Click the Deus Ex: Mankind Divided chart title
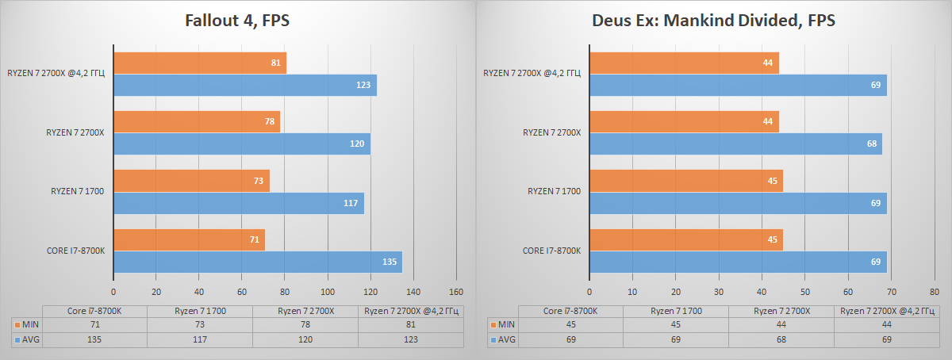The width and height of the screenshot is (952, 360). click(x=713, y=21)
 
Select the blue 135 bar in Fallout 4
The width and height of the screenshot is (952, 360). click(x=258, y=262)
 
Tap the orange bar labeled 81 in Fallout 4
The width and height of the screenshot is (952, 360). click(x=200, y=63)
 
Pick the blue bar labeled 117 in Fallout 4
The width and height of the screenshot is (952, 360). click(x=239, y=203)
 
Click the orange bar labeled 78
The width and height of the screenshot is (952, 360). click(x=197, y=122)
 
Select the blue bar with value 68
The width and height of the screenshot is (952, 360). click(x=735, y=144)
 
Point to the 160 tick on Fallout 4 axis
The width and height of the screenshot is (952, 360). click(x=456, y=290)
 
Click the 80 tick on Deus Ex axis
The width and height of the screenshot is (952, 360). click(x=935, y=290)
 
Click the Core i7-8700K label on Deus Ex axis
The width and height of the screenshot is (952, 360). click(x=551, y=251)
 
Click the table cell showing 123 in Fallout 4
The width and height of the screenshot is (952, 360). click(x=410, y=339)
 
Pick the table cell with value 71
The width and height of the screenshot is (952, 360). click(x=95, y=324)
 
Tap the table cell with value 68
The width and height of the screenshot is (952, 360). click(x=781, y=339)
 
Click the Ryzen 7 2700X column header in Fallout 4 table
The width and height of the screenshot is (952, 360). click(x=305, y=311)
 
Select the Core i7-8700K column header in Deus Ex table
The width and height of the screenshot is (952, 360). click(x=570, y=311)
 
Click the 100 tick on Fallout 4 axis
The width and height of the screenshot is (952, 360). click(x=328, y=290)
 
